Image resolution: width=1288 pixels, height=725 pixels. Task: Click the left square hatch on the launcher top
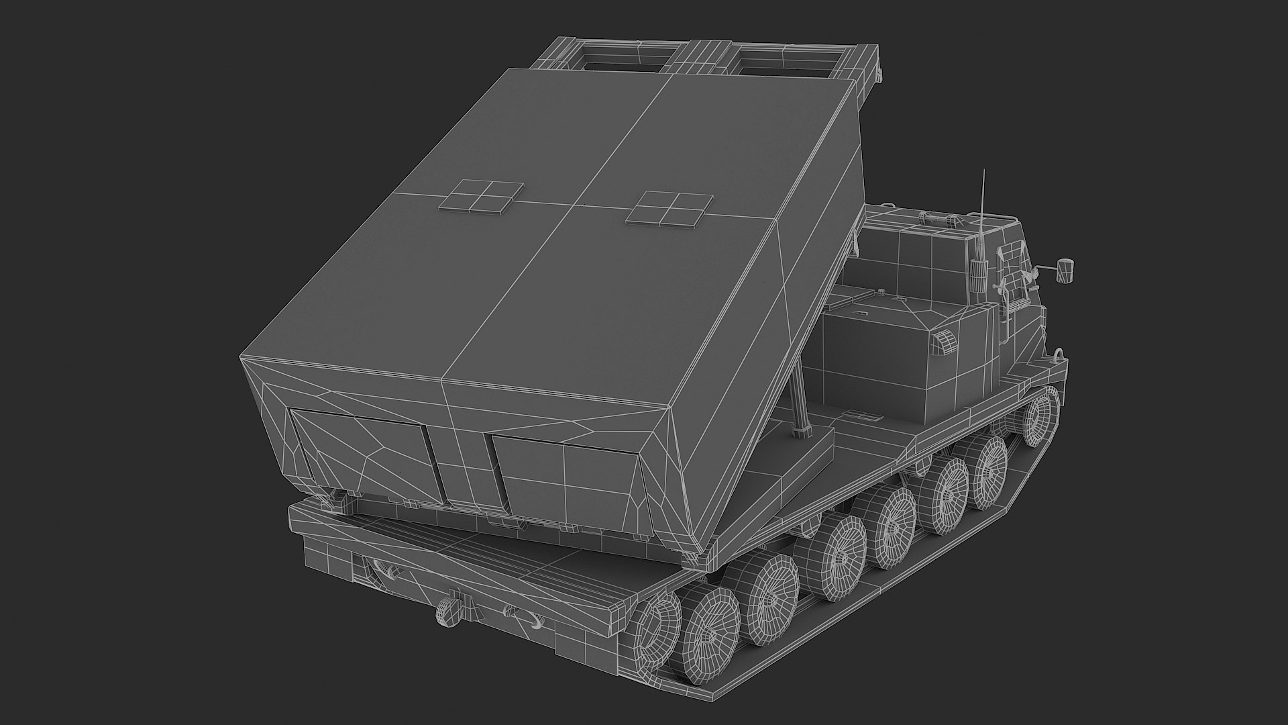[482, 196]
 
